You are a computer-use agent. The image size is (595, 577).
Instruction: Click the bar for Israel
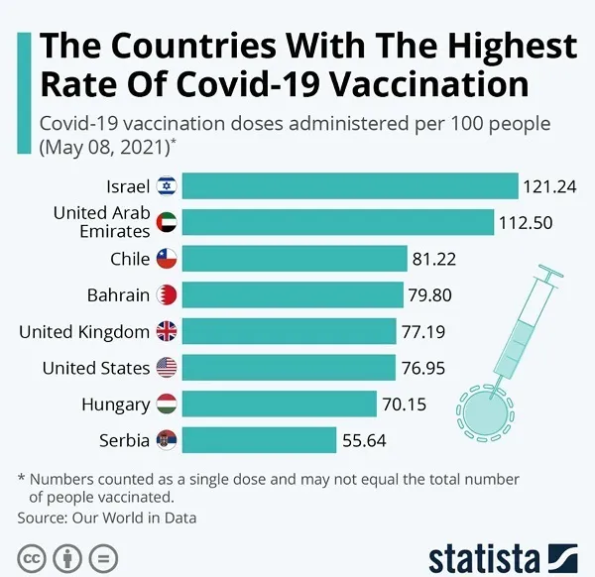point(350,186)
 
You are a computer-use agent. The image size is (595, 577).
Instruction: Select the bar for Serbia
point(260,440)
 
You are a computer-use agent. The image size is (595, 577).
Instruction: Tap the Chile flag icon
point(167,259)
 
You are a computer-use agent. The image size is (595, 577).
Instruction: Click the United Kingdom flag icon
point(167,331)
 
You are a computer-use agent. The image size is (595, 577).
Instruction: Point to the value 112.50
point(527,222)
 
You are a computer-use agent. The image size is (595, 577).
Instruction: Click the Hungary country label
point(117,404)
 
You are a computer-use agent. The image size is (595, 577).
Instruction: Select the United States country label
point(96,368)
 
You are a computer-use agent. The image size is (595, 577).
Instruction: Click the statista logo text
point(484,556)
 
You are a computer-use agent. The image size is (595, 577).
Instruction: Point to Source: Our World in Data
point(107,518)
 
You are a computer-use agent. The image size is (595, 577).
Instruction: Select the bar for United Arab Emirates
point(338,222)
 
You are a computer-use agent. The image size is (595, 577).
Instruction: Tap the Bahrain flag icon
point(167,295)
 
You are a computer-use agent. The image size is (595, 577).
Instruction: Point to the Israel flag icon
point(167,186)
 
